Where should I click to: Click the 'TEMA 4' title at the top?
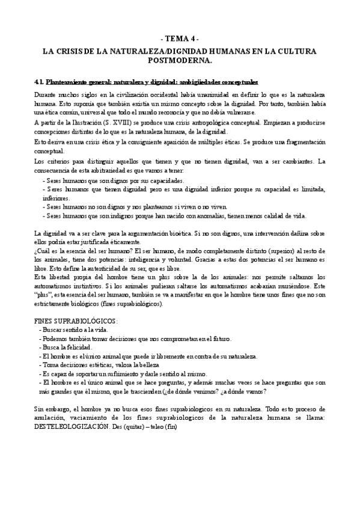pyautogui.click(x=180, y=37)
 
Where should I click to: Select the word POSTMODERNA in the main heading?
pyautogui.click(x=180, y=61)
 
